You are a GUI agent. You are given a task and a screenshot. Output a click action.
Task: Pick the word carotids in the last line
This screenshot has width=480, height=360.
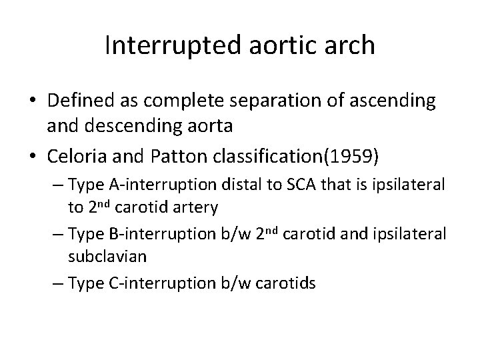coord(291,283)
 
